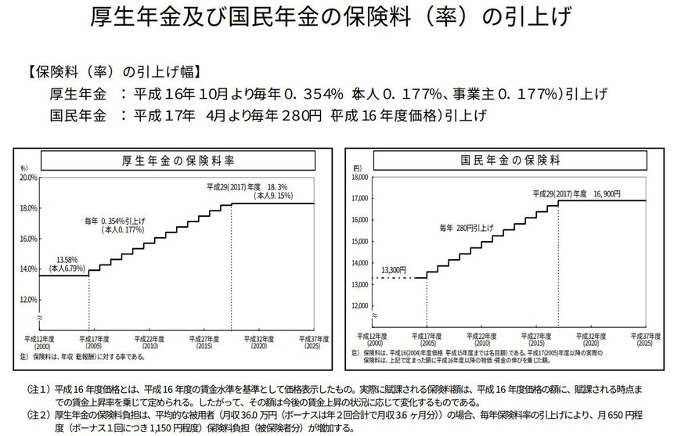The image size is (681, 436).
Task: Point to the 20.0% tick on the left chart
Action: point(28,178)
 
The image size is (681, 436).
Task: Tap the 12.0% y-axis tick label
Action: point(28,300)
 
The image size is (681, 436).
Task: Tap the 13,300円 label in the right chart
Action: point(394,270)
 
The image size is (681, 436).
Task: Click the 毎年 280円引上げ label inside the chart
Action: point(466,226)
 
